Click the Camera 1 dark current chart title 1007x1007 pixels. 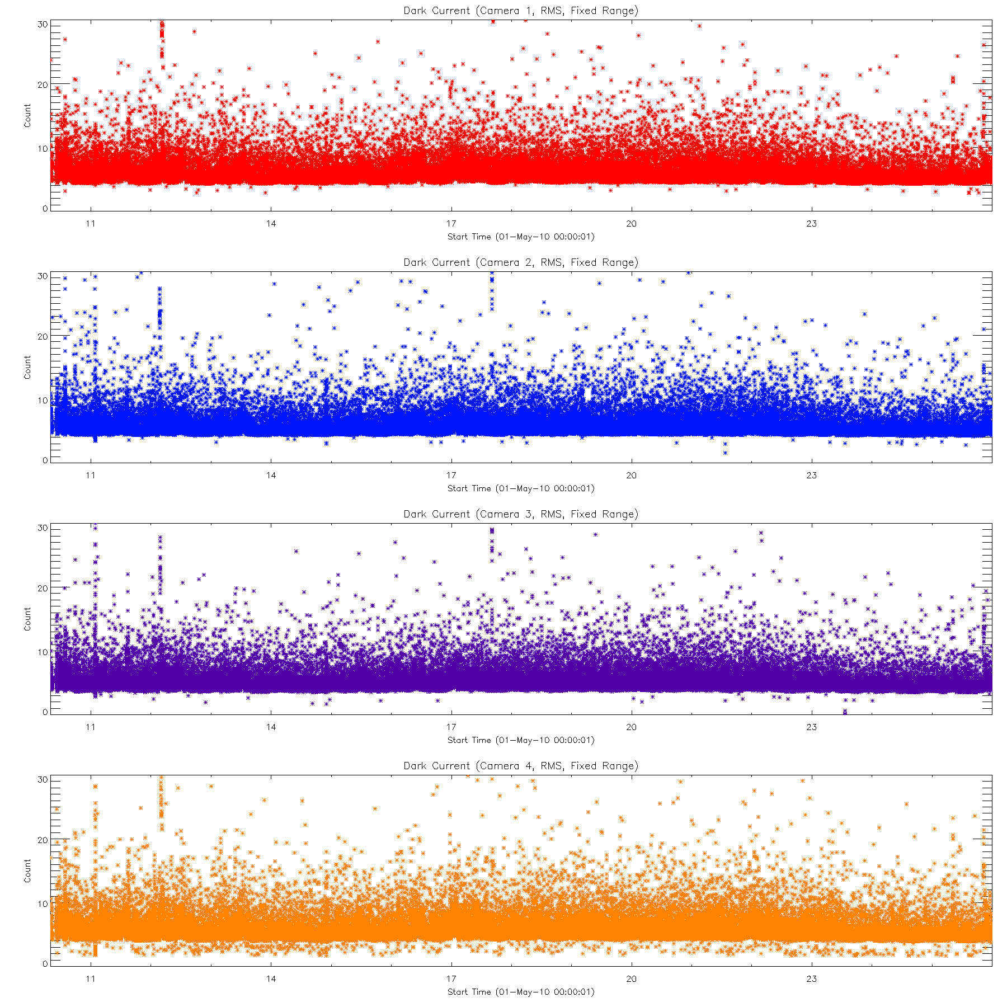click(x=520, y=11)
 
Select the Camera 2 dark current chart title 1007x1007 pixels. click(x=520, y=262)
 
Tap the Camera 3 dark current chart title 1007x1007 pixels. click(x=520, y=514)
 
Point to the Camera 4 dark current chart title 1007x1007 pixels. click(x=520, y=766)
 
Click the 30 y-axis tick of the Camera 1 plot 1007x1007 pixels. click(x=42, y=25)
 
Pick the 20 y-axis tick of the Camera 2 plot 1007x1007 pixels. click(x=42, y=337)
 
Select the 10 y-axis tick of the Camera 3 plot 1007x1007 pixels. click(x=42, y=652)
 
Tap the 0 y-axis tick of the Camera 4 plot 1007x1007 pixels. click(x=45, y=964)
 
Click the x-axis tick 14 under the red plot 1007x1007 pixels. click(x=271, y=224)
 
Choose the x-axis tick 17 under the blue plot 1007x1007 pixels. click(x=451, y=476)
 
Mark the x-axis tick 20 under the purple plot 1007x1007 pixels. click(x=631, y=727)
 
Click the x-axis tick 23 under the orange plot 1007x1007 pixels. click(x=811, y=979)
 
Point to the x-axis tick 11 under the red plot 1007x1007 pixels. click(x=91, y=224)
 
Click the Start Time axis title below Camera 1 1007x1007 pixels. click(x=520, y=237)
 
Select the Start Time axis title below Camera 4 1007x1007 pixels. click(x=520, y=992)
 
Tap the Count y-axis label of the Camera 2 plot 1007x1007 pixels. click(x=27, y=367)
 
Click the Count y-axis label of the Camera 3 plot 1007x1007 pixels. click(x=27, y=619)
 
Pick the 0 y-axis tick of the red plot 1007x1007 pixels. click(x=45, y=209)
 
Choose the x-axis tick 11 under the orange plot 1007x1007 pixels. click(x=91, y=979)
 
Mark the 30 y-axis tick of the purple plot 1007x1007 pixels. click(x=42, y=528)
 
